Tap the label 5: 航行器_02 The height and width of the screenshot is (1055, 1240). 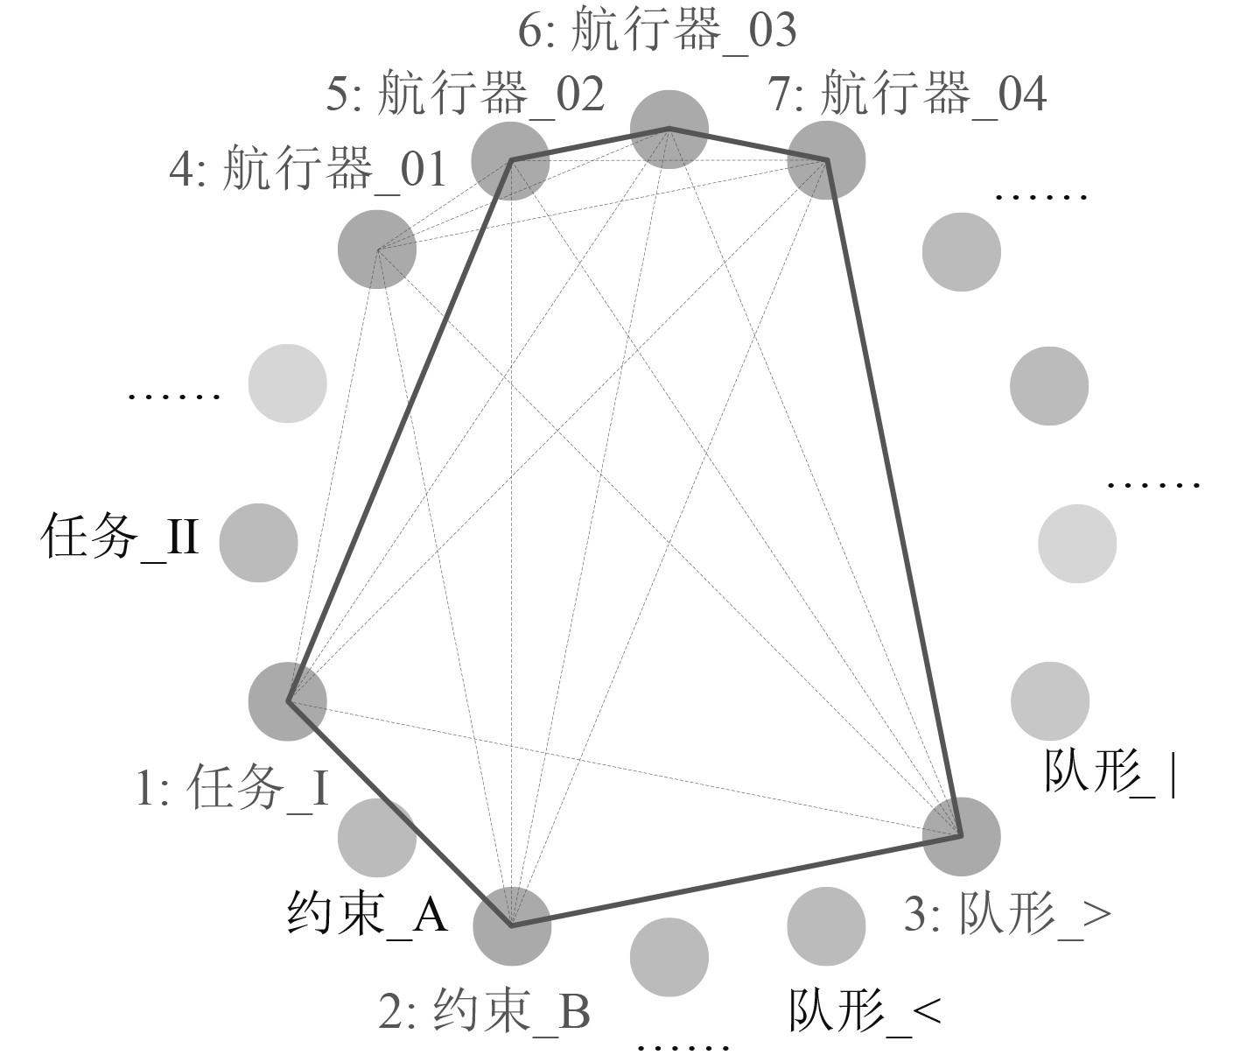(465, 95)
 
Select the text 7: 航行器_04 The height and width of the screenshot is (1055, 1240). (907, 94)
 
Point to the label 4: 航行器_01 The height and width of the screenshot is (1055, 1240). (308, 169)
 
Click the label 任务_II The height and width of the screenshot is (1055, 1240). (120, 538)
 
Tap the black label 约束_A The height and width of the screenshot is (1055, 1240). (368, 914)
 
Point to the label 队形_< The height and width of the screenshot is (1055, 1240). (865, 1012)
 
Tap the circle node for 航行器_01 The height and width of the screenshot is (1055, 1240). (376, 250)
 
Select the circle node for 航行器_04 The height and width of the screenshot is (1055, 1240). (826, 160)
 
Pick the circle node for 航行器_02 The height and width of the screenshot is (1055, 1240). (510, 160)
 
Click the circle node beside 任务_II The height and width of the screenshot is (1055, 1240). (258, 543)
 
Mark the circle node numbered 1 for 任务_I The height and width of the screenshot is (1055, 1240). (288, 701)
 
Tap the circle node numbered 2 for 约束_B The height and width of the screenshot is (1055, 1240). (512, 925)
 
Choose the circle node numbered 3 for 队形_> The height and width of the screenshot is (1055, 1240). (961, 836)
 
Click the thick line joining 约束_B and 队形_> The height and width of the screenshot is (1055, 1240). (735, 881)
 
